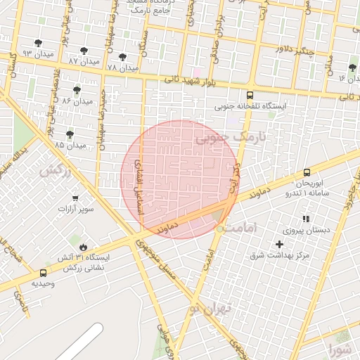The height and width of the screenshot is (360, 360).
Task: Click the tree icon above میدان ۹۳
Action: (x=38, y=43)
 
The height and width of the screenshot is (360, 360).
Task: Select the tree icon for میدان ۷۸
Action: (x=123, y=57)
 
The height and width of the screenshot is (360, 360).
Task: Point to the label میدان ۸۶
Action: (x=77, y=101)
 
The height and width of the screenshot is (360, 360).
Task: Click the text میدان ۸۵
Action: (x=70, y=145)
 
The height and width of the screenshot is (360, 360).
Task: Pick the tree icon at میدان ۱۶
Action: (x=352, y=67)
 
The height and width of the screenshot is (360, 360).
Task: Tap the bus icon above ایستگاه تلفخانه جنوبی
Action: (x=250, y=95)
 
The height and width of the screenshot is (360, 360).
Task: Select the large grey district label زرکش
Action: (x=56, y=170)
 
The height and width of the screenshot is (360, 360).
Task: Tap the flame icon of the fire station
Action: (x=84, y=247)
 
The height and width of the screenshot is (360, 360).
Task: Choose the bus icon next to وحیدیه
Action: (x=44, y=273)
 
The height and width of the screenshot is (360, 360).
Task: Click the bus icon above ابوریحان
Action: (x=307, y=173)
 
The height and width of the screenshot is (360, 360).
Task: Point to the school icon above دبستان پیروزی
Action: (x=305, y=219)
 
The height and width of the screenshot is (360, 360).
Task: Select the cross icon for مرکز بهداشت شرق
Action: (x=280, y=243)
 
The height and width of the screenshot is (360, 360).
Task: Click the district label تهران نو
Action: (x=210, y=308)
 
